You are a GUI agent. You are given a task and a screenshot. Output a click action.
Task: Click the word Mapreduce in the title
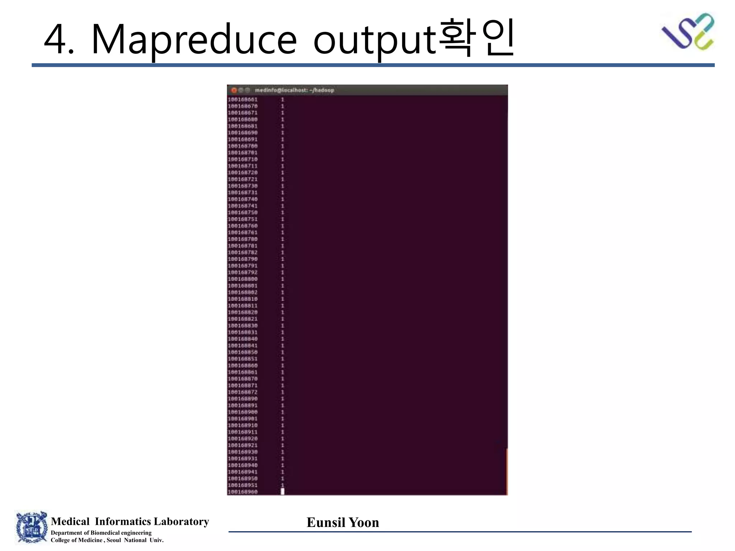(x=194, y=39)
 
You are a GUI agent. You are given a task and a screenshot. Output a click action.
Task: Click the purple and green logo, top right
(x=688, y=32)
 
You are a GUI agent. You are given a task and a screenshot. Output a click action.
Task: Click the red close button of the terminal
(x=234, y=90)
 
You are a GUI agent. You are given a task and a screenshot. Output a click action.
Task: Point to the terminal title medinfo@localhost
(x=294, y=90)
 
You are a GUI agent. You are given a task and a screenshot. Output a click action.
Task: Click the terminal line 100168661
(x=243, y=99)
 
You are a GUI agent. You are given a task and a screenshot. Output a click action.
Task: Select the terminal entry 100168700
(x=243, y=146)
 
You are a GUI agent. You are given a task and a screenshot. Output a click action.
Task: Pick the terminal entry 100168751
(x=243, y=219)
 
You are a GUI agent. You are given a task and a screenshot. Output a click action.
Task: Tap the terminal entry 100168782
(x=243, y=253)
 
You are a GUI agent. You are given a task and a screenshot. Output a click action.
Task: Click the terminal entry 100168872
(x=243, y=392)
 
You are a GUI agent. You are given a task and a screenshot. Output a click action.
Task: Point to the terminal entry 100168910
(x=243, y=425)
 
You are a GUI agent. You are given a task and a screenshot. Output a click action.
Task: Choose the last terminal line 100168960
(x=243, y=492)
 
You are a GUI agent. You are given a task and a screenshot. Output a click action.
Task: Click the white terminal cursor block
(x=282, y=491)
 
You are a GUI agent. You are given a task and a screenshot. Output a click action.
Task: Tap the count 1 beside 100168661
(x=282, y=99)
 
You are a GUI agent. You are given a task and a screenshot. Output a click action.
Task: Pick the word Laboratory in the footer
(x=181, y=521)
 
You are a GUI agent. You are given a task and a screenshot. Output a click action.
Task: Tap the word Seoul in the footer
(x=113, y=540)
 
